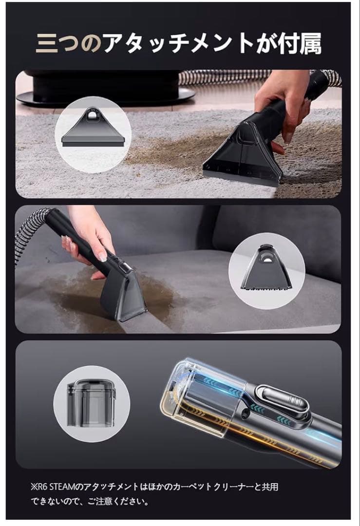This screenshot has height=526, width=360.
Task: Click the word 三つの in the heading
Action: [69, 43]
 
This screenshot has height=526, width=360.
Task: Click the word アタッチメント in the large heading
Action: [178, 43]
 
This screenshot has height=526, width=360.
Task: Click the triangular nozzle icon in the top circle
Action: [93, 128]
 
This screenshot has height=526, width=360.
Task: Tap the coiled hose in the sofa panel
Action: [30, 231]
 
